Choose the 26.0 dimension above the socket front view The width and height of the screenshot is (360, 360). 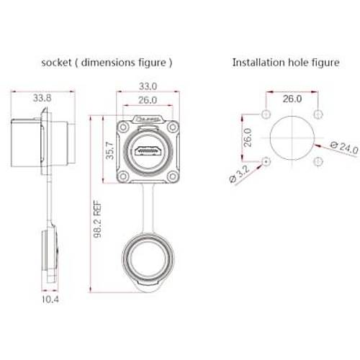[x=147, y=100]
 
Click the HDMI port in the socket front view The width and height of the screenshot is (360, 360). [x=147, y=152]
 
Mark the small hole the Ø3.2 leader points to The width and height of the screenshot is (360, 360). [x=266, y=162]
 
